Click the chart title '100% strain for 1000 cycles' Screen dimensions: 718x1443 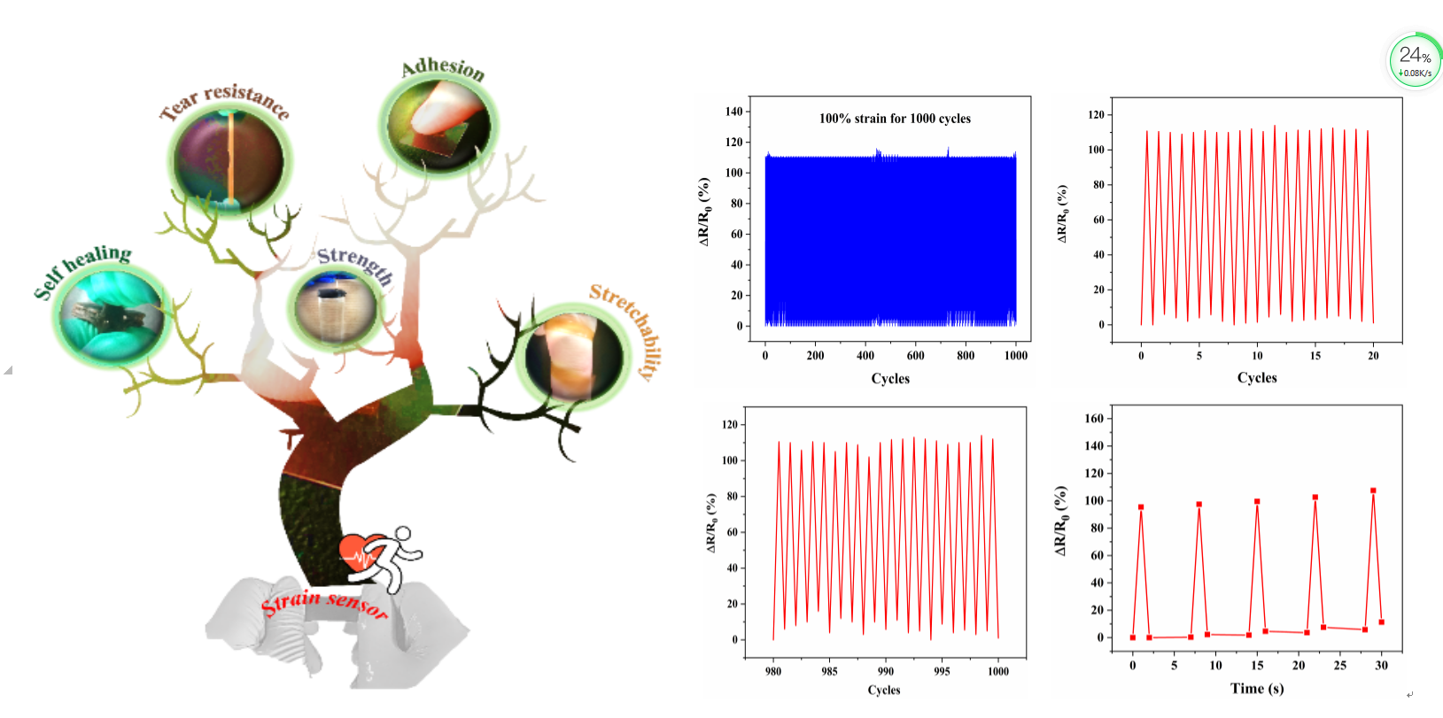click(x=894, y=119)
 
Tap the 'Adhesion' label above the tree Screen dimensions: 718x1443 click(x=443, y=69)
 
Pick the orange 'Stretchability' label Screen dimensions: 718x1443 click(x=628, y=328)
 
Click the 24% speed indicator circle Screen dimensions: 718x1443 click(x=1415, y=61)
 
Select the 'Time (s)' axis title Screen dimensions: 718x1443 click(x=1256, y=689)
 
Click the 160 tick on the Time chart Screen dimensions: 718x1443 click(x=1094, y=419)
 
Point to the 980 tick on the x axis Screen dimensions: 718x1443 click(x=773, y=671)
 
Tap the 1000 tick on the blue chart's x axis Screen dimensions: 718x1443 click(x=1016, y=356)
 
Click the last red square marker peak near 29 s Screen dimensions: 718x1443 click(x=1373, y=490)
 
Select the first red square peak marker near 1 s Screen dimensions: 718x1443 click(x=1141, y=507)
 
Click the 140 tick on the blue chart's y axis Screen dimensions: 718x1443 click(x=733, y=112)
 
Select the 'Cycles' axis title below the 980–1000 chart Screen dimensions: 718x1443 click(x=884, y=691)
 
